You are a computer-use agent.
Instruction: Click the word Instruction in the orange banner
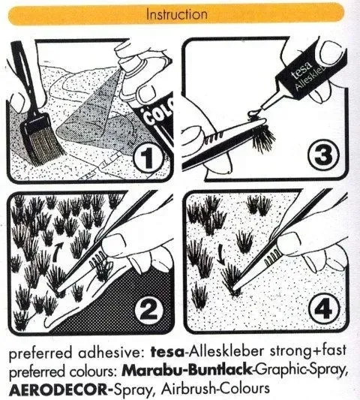tap(177, 14)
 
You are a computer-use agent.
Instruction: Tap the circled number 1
tap(147, 156)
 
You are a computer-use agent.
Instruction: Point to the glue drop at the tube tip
tap(253, 113)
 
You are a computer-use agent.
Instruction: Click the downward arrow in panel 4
tap(221, 255)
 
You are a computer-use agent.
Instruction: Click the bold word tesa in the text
tap(167, 352)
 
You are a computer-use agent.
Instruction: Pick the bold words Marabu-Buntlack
tap(187, 370)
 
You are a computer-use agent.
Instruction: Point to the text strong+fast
tap(308, 350)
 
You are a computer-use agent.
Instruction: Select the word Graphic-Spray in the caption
tap(301, 371)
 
